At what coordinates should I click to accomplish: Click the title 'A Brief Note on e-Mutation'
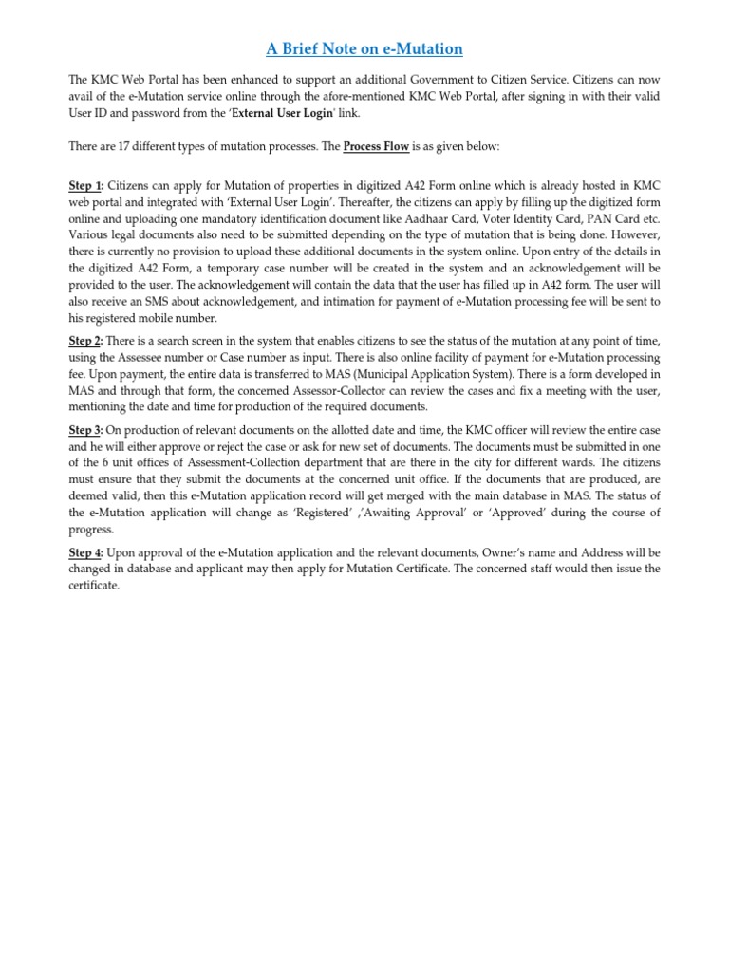364,48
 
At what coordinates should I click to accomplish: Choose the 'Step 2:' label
86,340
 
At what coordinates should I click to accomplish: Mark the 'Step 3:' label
86,430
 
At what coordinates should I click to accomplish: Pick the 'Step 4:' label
86,551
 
